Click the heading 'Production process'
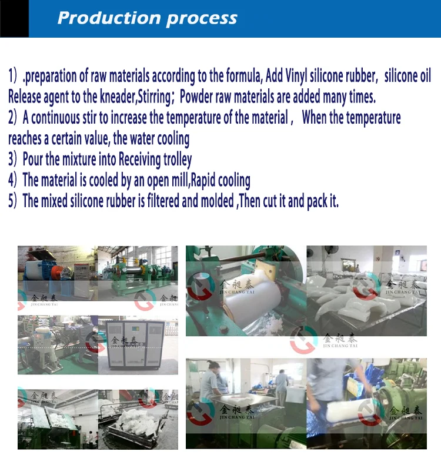pos(147,18)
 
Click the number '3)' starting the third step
pos(14,159)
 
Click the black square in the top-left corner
pos(14,19)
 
